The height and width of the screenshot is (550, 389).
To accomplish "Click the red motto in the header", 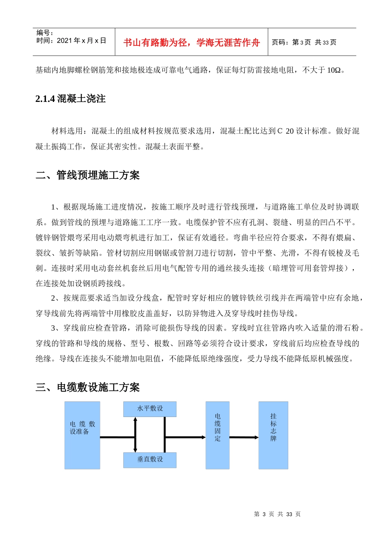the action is [191, 43].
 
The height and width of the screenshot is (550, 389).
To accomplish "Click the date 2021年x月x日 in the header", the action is [81, 41].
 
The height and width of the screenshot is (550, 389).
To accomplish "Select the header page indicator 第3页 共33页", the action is [304, 42].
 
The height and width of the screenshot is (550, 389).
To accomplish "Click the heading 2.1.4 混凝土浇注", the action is [70, 99].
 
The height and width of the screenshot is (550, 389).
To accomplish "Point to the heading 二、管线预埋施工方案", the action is [88, 175].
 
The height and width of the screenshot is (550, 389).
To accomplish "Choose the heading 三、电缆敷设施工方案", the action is [88, 387].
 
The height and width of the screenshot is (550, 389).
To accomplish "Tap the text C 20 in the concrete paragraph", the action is [285, 131].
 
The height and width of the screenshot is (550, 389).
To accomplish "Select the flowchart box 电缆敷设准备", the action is [82, 435].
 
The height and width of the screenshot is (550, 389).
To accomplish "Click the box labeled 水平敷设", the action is [150, 409].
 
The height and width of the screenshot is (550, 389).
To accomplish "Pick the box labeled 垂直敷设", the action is [150, 460].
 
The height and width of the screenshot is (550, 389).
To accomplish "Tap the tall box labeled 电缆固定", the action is [217, 435].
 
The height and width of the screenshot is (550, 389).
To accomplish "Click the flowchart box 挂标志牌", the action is [273, 435].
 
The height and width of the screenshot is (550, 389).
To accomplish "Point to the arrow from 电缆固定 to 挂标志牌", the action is [244, 437].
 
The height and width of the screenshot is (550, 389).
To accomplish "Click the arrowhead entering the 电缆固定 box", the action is [203, 437].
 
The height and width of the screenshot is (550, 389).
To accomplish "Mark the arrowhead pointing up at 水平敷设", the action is [135, 419].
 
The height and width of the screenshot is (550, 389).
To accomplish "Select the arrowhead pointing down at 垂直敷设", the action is [135, 450].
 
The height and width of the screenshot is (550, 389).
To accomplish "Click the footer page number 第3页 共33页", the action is [277, 514].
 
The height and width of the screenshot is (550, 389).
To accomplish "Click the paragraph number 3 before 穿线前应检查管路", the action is [53, 328].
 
